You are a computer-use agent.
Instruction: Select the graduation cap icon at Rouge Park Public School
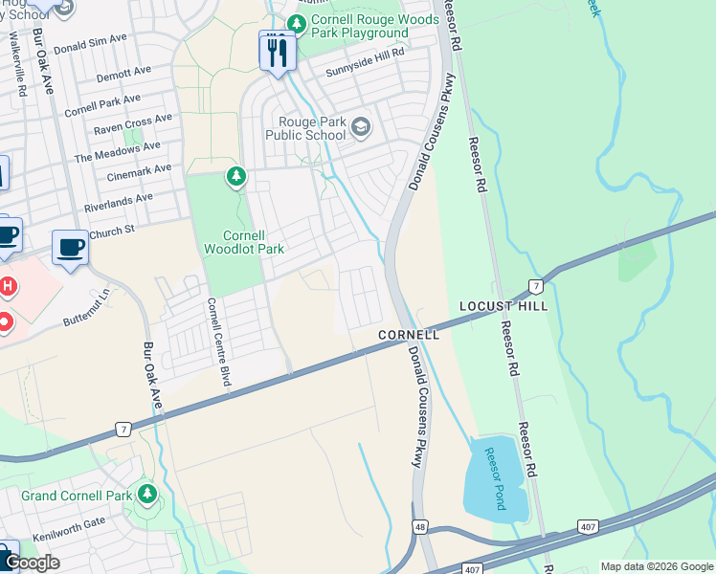[361, 127]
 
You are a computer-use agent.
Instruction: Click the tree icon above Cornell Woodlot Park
[235, 176]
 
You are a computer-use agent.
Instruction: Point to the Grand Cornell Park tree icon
[146, 495]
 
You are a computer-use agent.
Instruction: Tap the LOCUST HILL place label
[503, 306]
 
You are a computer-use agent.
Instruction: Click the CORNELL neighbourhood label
[408, 335]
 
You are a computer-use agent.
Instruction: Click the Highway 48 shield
[420, 527]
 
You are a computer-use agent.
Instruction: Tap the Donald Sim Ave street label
[91, 43]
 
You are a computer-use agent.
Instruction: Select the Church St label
[113, 232]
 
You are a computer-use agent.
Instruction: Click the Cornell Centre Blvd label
[219, 342]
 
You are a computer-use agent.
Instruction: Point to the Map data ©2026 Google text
[656, 566]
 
